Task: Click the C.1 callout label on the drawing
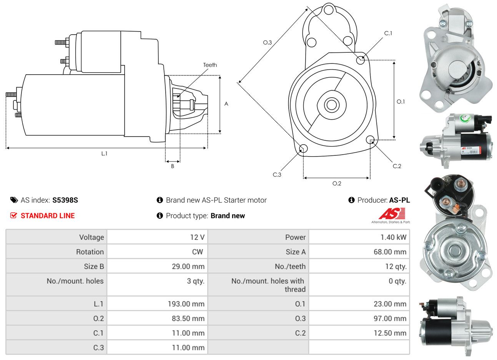tap(388, 33)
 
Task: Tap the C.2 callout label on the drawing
tap(397, 166)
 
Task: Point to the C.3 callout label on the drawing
tap(277, 175)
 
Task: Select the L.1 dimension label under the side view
tap(104, 153)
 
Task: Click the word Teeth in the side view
tap(210, 65)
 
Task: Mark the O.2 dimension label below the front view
tap(337, 183)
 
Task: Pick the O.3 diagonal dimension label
tap(267, 42)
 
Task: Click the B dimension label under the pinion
tap(173, 166)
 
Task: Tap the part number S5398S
tap(65, 200)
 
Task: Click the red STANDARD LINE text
tap(48, 216)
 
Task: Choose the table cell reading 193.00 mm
tap(186, 304)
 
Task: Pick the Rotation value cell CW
tap(197, 252)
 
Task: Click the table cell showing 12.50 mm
tap(390, 333)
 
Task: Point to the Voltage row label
tap(91, 237)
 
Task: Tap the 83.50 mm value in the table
tap(188, 318)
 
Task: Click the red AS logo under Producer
tap(392, 213)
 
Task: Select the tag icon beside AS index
tap(14, 200)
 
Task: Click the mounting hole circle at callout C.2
tap(370, 139)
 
